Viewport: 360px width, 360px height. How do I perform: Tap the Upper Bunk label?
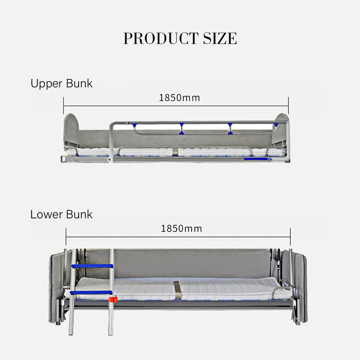coord(61,84)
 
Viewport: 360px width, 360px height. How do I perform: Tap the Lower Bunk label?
coord(61,214)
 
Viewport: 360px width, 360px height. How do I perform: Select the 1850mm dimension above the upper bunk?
coord(179,98)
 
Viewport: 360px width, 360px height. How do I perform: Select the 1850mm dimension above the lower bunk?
coord(181,229)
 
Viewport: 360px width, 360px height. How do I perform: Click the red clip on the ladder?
coord(113,299)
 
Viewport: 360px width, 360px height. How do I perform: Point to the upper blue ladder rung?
coord(92,266)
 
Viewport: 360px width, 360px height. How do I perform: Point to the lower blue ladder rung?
coord(91,293)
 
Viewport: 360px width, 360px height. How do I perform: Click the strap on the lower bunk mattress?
coord(177,290)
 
